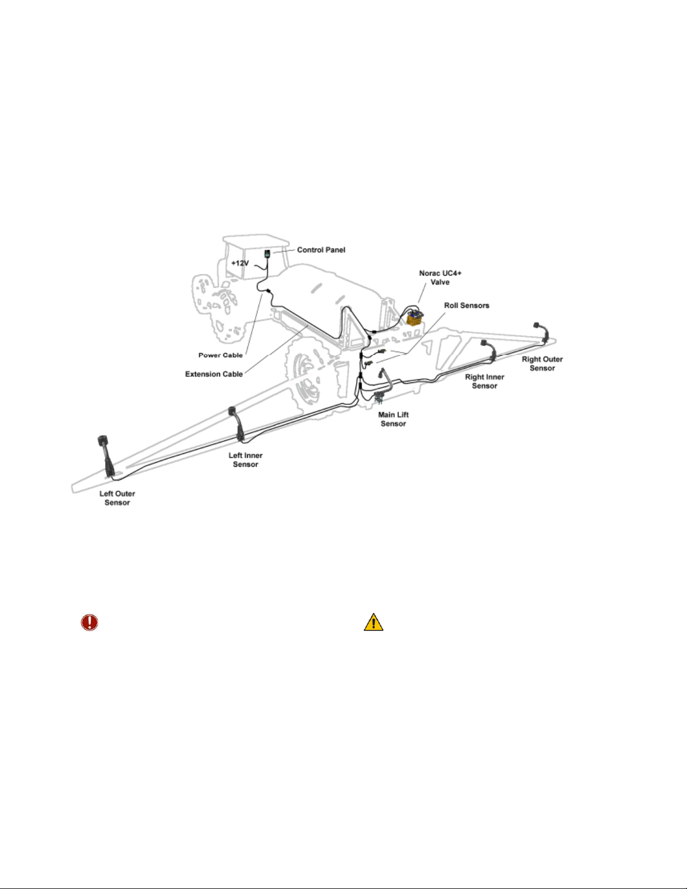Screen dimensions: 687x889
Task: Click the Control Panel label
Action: (321, 250)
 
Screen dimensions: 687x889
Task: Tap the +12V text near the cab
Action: (240, 263)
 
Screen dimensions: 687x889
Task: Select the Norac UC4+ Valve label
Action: (440, 278)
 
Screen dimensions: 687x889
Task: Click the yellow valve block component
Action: (415, 318)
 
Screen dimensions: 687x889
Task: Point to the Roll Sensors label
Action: (467, 306)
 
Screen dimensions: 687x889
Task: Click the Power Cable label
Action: (220, 355)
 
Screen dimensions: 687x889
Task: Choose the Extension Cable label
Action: (214, 374)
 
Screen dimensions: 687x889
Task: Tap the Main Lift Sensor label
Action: (393, 419)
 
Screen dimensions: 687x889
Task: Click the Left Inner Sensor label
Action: (246, 459)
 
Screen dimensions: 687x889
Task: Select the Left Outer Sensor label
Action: (117, 498)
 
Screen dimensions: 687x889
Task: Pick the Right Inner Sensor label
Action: (485, 381)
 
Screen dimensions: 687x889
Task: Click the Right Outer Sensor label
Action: (542, 363)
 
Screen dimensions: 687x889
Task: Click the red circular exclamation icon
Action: (89, 622)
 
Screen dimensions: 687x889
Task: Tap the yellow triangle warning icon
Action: (374, 622)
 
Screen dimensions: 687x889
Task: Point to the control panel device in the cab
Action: (267, 254)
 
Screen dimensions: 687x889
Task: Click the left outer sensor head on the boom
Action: (102, 441)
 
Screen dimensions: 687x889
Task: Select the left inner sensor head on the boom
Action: (232, 411)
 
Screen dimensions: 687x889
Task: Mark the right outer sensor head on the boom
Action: (537, 325)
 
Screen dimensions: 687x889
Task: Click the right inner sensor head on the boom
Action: (484, 343)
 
